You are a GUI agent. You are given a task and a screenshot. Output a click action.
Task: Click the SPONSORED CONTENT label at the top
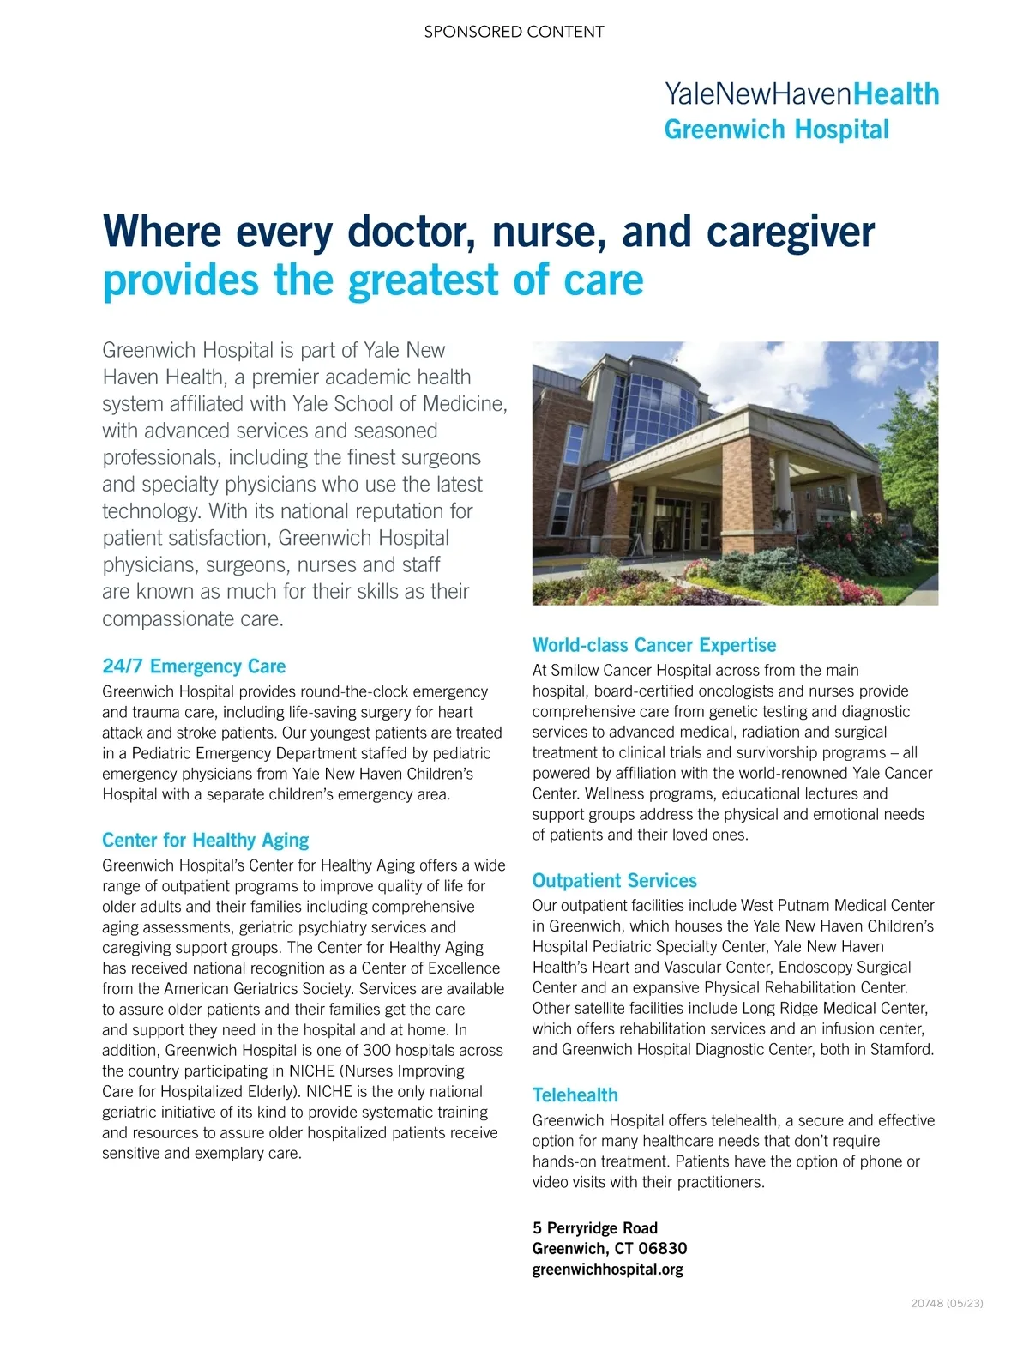pyautogui.click(x=514, y=32)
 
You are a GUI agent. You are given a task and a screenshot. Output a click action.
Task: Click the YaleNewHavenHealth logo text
pyautogui.click(x=802, y=93)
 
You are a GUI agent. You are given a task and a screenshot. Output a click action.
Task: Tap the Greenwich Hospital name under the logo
pyautogui.click(x=777, y=130)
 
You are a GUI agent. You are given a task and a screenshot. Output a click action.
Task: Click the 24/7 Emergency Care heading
pyautogui.click(x=194, y=666)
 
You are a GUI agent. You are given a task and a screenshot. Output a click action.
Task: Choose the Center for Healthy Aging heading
pyautogui.click(x=205, y=841)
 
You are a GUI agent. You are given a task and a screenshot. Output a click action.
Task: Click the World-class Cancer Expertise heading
pyautogui.click(x=653, y=645)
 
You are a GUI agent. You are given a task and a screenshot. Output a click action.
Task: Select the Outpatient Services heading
pyautogui.click(x=614, y=881)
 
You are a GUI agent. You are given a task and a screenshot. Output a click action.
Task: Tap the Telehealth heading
pyautogui.click(x=575, y=1095)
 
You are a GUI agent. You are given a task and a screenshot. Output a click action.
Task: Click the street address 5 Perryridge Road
pyautogui.click(x=594, y=1227)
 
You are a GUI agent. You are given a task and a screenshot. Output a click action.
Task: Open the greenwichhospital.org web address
pyautogui.click(x=607, y=1269)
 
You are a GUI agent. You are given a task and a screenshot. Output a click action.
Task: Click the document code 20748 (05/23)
pyautogui.click(x=947, y=1303)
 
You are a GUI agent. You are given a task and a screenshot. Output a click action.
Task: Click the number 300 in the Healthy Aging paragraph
pyautogui.click(x=376, y=1051)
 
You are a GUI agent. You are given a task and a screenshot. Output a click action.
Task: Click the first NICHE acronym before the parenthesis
pyautogui.click(x=311, y=1071)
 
